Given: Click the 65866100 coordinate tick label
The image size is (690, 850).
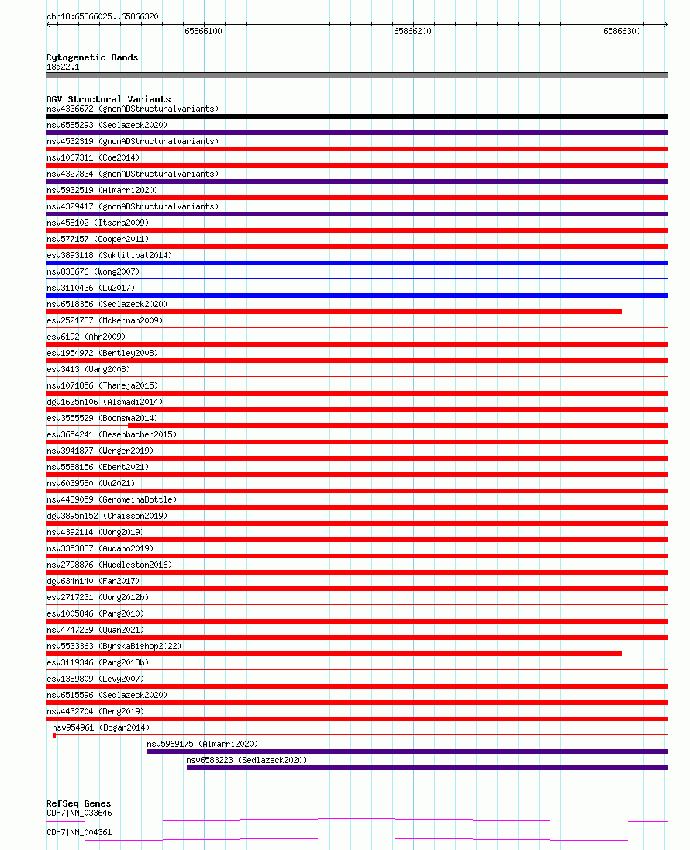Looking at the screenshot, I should click(203, 32).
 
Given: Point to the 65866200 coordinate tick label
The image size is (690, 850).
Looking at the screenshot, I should click(412, 32).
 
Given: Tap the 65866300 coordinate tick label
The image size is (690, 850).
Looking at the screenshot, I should click(622, 32).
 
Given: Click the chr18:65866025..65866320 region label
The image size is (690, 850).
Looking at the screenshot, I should click(102, 16).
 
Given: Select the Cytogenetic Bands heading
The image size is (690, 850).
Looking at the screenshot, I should click(92, 57).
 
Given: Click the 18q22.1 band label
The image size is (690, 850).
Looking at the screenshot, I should click(63, 67).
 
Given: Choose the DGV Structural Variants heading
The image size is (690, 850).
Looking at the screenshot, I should click(109, 99).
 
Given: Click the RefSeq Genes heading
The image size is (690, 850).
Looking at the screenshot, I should click(78, 803).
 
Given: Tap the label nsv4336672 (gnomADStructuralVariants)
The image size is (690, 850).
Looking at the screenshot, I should click(133, 109).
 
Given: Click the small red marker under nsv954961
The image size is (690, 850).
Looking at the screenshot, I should click(54, 735).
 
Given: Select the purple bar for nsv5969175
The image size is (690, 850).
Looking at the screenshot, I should click(407, 752).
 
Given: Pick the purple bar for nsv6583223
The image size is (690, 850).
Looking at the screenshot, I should click(426, 768).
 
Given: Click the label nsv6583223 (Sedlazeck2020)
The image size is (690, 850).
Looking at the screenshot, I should click(247, 760).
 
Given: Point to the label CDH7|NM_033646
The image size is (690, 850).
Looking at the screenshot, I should click(79, 813).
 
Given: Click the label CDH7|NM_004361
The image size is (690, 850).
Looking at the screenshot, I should click(79, 832).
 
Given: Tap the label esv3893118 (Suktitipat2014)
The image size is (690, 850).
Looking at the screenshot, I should click(109, 255).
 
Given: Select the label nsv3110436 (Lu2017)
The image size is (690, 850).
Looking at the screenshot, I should click(91, 288).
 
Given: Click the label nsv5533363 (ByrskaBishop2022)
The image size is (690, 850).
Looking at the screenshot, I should click(114, 646).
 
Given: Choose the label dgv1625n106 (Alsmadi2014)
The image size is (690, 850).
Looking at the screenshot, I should click(105, 402).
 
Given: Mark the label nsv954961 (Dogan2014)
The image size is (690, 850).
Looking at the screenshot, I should click(101, 727).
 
